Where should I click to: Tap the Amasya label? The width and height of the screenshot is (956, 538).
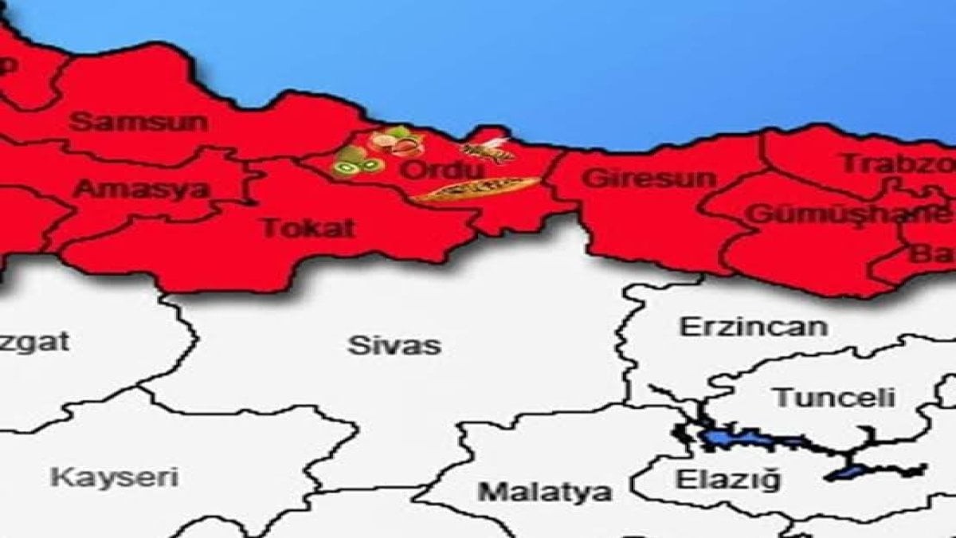141,190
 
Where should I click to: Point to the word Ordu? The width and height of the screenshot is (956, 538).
429,171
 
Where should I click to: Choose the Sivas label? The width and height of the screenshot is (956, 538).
394,346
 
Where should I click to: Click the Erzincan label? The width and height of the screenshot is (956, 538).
752,327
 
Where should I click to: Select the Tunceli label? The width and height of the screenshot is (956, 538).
835,398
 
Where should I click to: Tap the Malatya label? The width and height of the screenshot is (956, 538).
545,491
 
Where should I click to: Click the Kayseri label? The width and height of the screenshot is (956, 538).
114,478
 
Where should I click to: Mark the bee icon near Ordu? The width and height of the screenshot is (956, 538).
488,149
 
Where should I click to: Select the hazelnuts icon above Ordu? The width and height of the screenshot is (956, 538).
396,143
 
